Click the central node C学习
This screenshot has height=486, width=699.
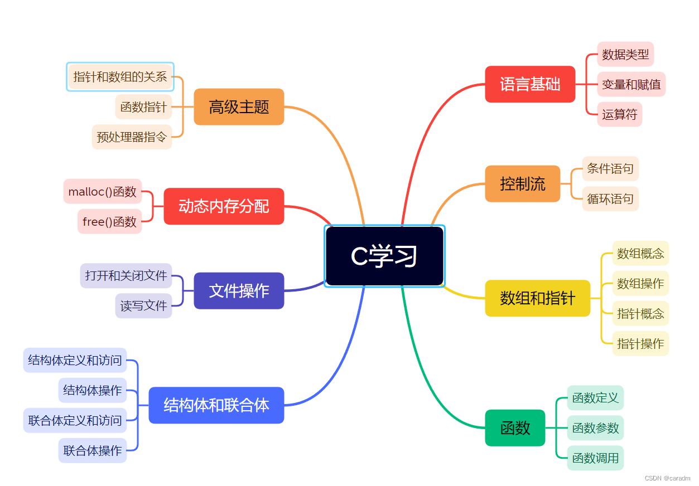(x=384, y=256)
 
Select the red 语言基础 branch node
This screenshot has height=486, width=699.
(x=530, y=84)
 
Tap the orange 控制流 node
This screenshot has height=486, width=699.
(x=522, y=183)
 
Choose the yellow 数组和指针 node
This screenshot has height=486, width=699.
(x=537, y=298)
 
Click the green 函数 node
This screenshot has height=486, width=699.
(x=515, y=428)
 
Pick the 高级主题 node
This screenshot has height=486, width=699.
(x=239, y=106)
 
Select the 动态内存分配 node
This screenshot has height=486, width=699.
(x=224, y=206)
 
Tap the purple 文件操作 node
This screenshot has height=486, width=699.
(x=239, y=290)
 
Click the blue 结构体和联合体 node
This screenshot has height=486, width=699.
(x=216, y=405)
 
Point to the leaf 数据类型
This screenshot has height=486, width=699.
(x=625, y=55)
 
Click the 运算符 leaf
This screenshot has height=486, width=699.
(x=619, y=115)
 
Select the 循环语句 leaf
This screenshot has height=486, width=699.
(x=610, y=199)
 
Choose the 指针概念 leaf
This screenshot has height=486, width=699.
(x=640, y=313)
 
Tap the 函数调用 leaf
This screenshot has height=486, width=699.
(x=595, y=458)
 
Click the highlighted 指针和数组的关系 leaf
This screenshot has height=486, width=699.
(x=120, y=77)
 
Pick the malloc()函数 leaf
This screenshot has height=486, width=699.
(x=103, y=192)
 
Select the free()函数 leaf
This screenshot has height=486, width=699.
(x=109, y=222)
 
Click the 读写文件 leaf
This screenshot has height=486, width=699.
(x=143, y=305)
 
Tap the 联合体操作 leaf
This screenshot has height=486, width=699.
(x=93, y=450)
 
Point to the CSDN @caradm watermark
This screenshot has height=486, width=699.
(x=667, y=478)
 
